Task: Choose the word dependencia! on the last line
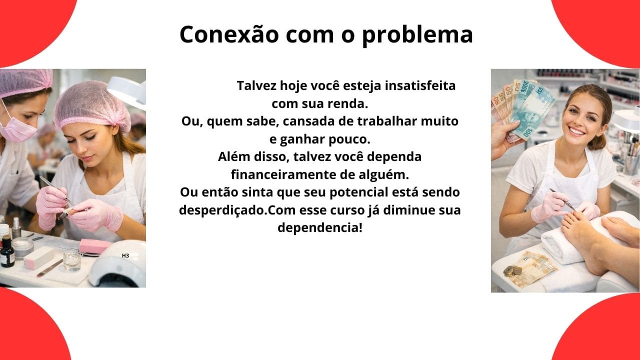(319, 227)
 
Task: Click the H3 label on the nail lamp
(125, 255)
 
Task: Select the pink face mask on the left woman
(19, 129)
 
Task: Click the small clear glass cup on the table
(71, 260)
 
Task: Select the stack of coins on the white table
(511, 271)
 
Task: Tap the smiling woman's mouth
(576, 131)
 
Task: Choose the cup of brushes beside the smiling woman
(631, 160)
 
